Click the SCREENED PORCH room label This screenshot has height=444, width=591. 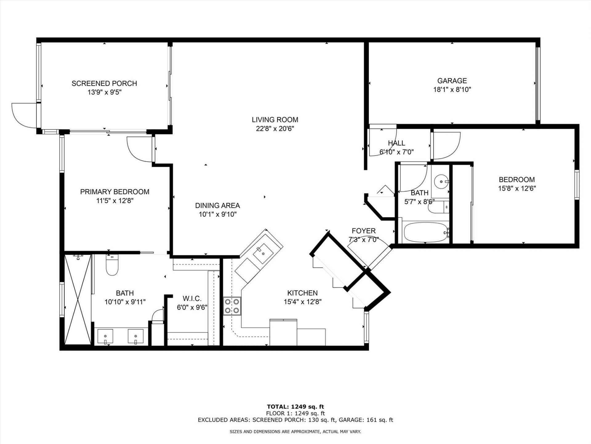pyautogui.click(x=104, y=83)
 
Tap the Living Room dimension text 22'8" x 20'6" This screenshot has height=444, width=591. pyautogui.click(x=275, y=129)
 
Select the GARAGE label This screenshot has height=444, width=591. pyautogui.click(x=452, y=81)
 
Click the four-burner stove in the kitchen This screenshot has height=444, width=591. pyautogui.click(x=232, y=306)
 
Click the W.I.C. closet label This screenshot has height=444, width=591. pyautogui.click(x=192, y=298)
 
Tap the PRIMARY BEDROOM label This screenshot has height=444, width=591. pyautogui.click(x=115, y=192)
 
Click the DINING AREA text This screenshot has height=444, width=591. pyautogui.click(x=217, y=206)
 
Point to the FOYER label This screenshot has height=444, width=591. pyautogui.click(x=364, y=231)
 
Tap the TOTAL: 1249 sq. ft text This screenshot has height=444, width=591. pyautogui.click(x=295, y=407)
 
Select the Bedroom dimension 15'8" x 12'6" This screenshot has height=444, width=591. pyautogui.click(x=517, y=188)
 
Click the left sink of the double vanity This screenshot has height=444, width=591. pyautogui.click(x=105, y=336)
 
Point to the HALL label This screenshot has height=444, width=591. pyautogui.click(x=396, y=143)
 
